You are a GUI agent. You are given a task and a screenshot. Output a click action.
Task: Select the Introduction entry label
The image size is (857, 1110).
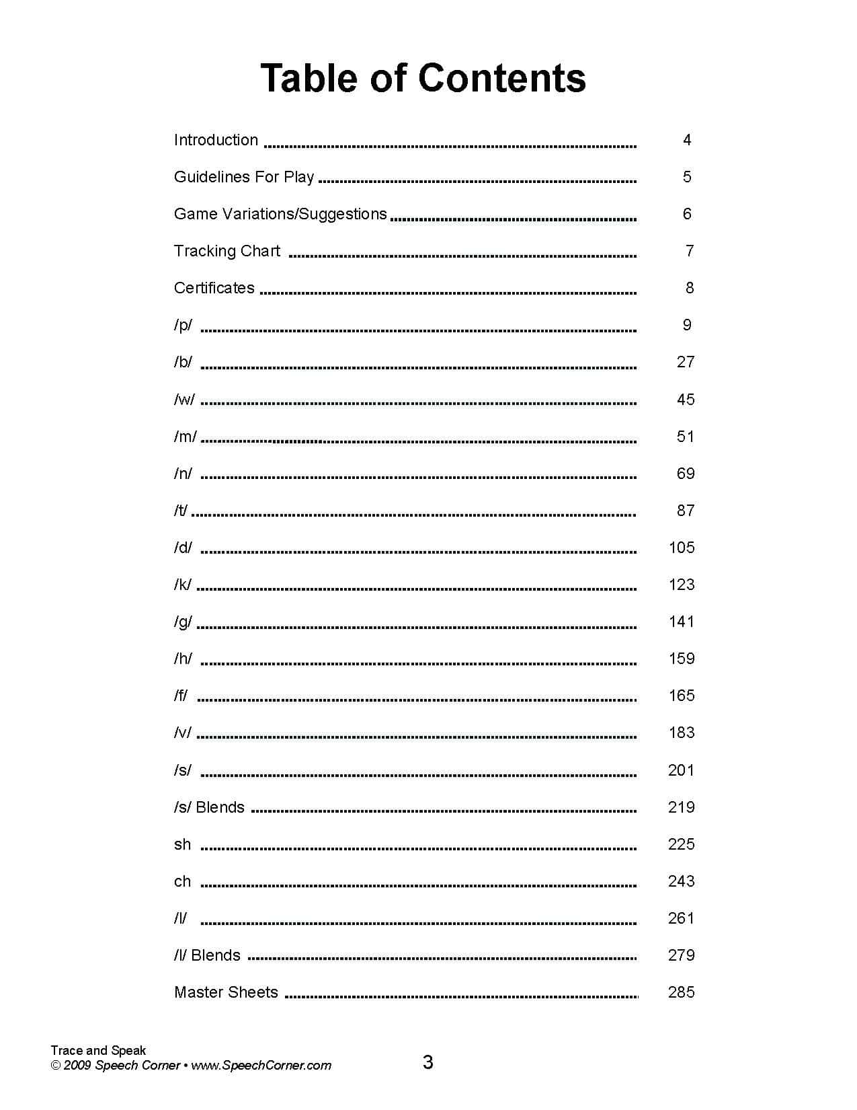click(216, 140)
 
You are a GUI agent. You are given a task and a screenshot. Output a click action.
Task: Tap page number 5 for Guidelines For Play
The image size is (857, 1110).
click(686, 177)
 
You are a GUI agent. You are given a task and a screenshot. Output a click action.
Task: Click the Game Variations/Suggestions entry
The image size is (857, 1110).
click(280, 214)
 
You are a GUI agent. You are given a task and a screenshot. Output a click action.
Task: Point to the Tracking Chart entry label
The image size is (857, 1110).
click(227, 251)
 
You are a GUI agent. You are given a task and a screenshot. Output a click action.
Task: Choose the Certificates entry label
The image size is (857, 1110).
click(214, 288)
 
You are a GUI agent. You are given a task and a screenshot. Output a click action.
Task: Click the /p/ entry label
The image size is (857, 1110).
click(183, 325)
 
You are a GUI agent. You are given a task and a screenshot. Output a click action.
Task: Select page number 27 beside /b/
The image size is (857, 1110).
click(685, 362)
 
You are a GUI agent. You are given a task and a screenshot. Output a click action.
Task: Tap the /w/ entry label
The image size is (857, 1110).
click(184, 399)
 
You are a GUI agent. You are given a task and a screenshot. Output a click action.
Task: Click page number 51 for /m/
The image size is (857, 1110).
click(685, 437)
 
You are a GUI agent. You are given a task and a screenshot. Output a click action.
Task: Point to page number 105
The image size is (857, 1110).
click(682, 548)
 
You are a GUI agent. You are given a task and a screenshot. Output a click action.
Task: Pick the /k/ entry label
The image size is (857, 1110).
click(183, 585)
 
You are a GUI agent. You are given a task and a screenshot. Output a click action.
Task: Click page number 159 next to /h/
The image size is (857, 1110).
click(682, 659)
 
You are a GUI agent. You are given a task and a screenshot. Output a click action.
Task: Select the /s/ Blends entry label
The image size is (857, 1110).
click(209, 807)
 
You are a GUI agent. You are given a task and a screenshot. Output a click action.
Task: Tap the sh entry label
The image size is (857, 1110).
click(182, 844)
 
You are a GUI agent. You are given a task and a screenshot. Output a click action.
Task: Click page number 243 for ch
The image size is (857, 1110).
click(681, 881)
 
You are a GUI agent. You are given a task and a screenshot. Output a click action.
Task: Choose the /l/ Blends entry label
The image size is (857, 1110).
click(207, 955)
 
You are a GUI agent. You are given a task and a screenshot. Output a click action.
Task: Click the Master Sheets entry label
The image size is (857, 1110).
click(226, 992)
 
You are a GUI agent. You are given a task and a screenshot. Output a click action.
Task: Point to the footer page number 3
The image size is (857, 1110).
click(427, 1063)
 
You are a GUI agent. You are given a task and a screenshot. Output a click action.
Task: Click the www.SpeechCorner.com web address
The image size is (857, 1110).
click(261, 1066)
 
